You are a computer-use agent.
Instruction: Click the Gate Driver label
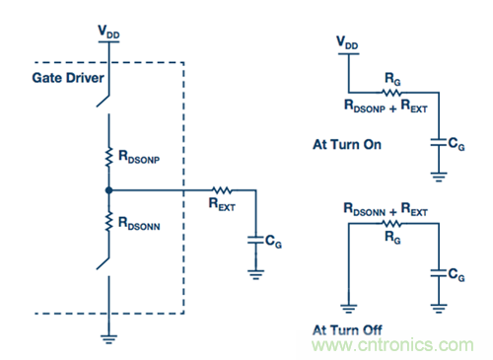coord(68,78)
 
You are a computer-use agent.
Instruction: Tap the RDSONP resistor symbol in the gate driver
coord(108,158)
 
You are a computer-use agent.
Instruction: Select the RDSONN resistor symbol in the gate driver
coord(108,221)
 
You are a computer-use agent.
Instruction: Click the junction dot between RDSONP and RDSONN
coord(108,190)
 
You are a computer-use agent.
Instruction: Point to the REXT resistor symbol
coord(222,190)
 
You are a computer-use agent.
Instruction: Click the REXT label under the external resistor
coord(222,204)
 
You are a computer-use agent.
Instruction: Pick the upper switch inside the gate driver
coord(103,102)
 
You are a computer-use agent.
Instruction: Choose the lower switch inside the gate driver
coord(103,263)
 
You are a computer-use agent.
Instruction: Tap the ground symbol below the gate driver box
coord(108,339)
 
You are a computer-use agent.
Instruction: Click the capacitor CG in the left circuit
coord(255,240)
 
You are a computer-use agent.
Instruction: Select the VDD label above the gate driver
coord(108,32)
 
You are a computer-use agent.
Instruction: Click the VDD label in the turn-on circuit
coord(347,42)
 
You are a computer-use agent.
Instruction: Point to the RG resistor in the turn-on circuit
coord(391,93)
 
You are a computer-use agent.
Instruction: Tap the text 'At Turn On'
coord(347,145)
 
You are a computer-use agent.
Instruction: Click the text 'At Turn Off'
coord(347,329)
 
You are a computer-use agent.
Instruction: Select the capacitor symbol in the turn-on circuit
coord(439,143)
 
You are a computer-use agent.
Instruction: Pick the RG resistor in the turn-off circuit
coord(391,224)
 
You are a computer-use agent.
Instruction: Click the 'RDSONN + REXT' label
coord(386,209)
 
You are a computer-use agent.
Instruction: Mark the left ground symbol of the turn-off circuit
coord(348,309)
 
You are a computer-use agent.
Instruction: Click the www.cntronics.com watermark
coord(392,345)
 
